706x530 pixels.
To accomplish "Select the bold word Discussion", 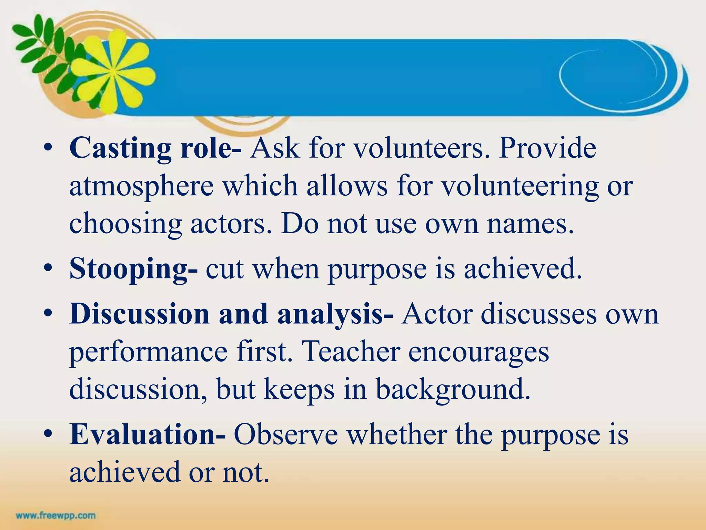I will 139,314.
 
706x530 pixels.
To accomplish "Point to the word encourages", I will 478,352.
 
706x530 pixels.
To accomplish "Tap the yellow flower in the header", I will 114,71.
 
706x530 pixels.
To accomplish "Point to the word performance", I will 148,352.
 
